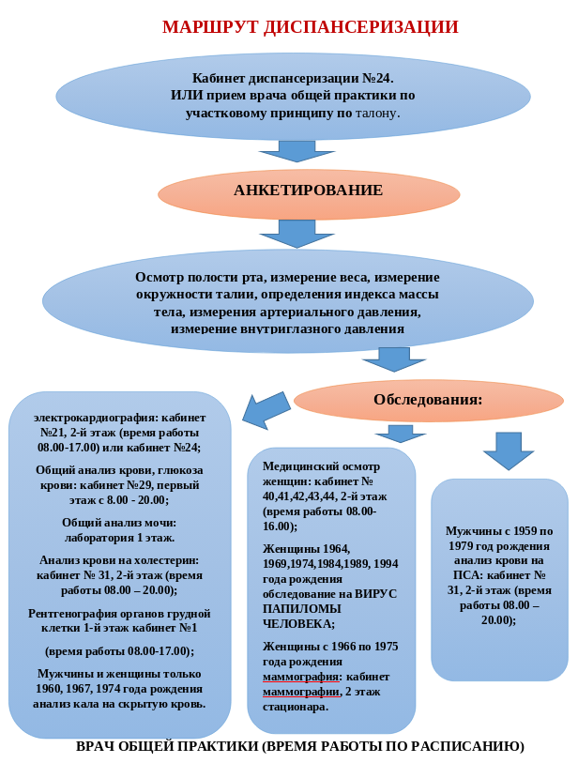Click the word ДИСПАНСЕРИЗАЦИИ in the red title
coord(361,27)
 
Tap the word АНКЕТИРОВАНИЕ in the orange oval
coord(308,190)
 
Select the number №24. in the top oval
coord(378,78)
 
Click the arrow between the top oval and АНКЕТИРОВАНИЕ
coord(297,151)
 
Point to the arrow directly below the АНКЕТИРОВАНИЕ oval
coord(297,234)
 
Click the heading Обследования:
coord(428,400)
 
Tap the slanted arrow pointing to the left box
coord(266,411)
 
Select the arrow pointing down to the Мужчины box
coord(509,450)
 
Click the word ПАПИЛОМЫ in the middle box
coord(301,609)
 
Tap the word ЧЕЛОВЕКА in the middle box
coord(297,624)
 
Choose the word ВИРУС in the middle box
coord(375,594)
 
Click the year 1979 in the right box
coord(461,546)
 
